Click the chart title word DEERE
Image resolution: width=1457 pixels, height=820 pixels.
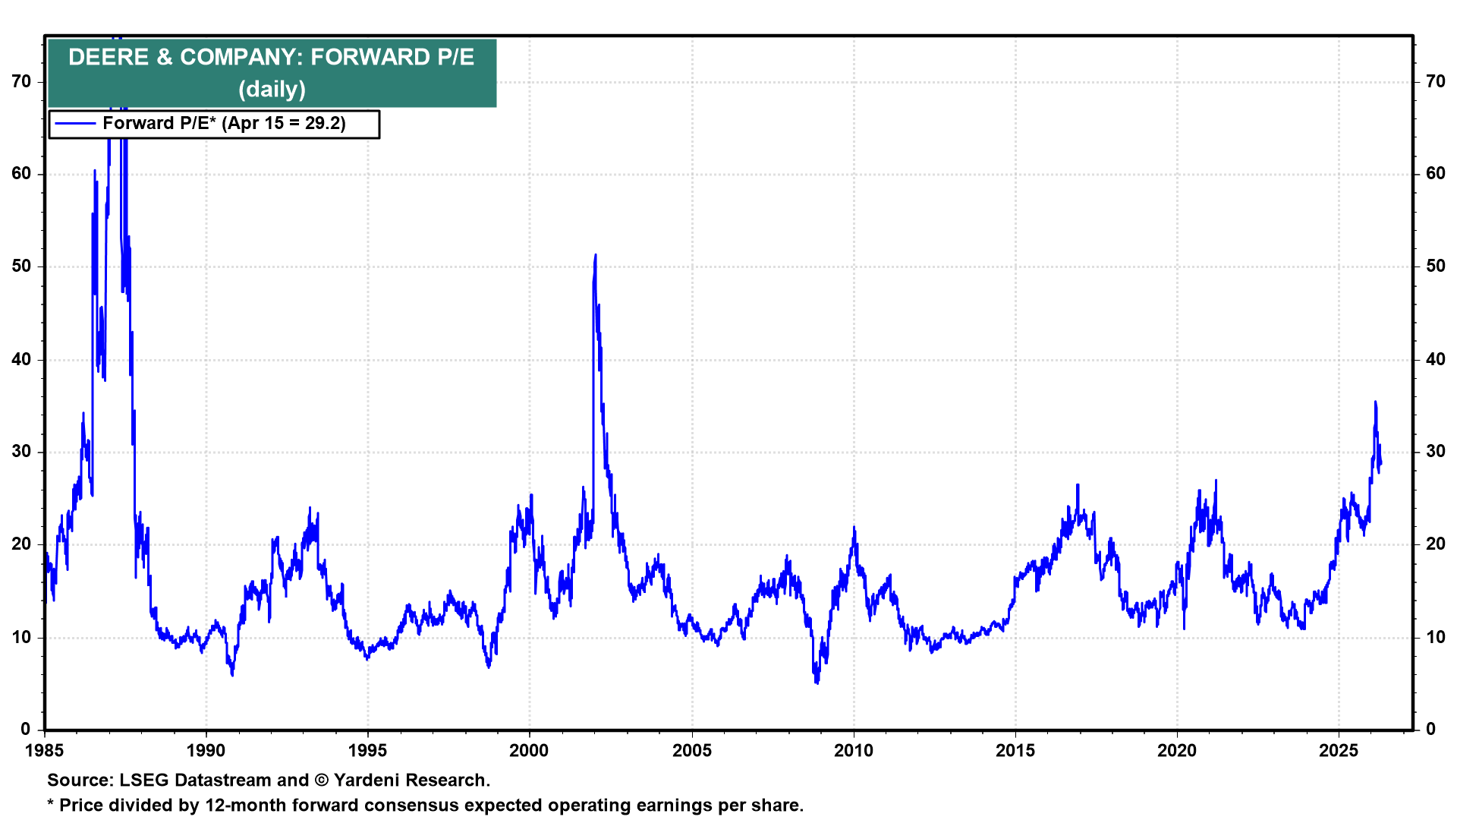pyautogui.click(x=109, y=58)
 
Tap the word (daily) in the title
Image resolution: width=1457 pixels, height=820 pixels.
pyautogui.click(x=272, y=90)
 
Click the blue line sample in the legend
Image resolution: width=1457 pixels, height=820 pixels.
pyautogui.click(x=75, y=124)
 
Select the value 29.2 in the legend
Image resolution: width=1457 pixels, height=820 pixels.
pyautogui.click(x=325, y=124)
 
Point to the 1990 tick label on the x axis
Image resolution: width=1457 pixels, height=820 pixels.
pyautogui.click(x=206, y=751)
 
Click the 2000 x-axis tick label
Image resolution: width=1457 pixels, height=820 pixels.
pyautogui.click(x=529, y=751)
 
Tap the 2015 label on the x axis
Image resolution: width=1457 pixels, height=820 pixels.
pyautogui.click(x=1015, y=751)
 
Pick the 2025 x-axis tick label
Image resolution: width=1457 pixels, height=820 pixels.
pyautogui.click(x=1339, y=751)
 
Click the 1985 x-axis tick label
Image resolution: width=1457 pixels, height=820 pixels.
pyautogui.click(x=45, y=751)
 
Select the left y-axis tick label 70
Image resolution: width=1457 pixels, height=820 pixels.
pyautogui.click(x=22, y=81)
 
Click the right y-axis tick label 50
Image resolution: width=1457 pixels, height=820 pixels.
pyautogui.click(x=1435, y=266)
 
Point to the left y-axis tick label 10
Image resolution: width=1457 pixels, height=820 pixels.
pyautogui.click(x=22, y=637)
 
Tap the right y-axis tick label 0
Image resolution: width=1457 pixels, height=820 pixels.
pyautogui.click(x=1430, y=730)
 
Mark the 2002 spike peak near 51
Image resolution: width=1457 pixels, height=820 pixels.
pyautogui.click(x=596, y=255)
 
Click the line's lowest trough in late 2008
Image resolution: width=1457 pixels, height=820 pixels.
pyautogui.click(x=817, y=683)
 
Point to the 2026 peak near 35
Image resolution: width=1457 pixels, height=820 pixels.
pyautogui.click(x=1375, y=402)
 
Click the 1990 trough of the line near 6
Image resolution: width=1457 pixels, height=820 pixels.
pyautogui.click(x=232, y=674)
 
